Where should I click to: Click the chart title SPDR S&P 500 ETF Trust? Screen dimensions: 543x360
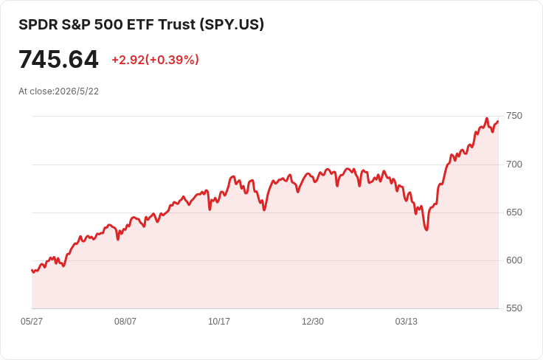[x=108, y=24]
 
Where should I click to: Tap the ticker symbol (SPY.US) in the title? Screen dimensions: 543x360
[x=232, y=24]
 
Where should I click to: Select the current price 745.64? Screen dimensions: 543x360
[x=58, y=60]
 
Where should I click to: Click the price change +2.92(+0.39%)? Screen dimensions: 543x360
[x=155, y=60]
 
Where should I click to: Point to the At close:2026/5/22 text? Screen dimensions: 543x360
[x=58, y=91]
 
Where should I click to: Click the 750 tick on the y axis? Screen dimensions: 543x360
[x=514, y=116]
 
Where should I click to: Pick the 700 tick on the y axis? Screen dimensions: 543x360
[x=514, y=165]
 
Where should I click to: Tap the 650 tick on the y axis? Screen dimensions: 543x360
[x=514, y=212]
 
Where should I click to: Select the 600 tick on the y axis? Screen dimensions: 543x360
[x=514, y=260]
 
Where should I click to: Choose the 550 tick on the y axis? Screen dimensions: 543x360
[x=514, y=308]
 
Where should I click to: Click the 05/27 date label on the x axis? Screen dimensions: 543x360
[x=32, y=322]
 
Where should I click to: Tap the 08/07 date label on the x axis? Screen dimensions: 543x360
[x=125, y=322]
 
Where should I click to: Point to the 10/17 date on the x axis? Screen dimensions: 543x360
[x=219, y=322]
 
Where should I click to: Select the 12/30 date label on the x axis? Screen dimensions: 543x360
[x=313, y=322]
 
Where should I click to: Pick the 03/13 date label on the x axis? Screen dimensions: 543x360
[x=407, y=322]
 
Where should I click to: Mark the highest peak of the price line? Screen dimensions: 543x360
[x=486, y=118]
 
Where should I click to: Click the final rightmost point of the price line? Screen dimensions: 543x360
[x=498, y=121]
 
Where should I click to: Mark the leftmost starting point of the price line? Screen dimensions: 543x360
[x=32, y=270]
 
